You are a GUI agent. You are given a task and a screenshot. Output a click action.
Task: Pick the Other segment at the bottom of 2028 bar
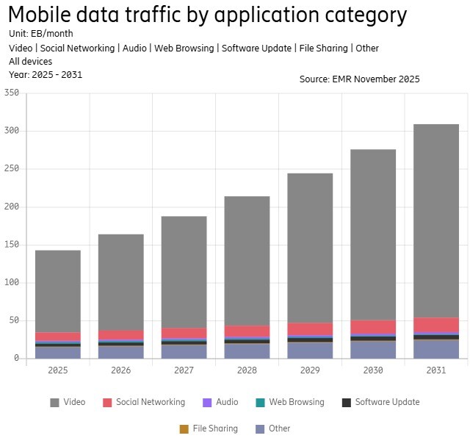247,351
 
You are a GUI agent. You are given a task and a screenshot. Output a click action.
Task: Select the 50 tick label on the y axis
12,320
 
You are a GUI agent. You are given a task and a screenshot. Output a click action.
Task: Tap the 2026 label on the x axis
120,370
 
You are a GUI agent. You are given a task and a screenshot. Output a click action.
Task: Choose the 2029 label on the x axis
310,370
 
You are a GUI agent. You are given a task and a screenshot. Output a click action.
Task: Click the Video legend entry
68,402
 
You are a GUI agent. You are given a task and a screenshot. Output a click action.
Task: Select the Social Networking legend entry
143,402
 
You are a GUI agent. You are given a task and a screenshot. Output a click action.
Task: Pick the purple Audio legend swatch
207,402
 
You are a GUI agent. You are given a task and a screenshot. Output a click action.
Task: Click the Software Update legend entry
380,402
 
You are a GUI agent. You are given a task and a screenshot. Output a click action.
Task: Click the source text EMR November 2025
359,79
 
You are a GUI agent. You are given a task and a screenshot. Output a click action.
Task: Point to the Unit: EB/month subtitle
40,34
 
